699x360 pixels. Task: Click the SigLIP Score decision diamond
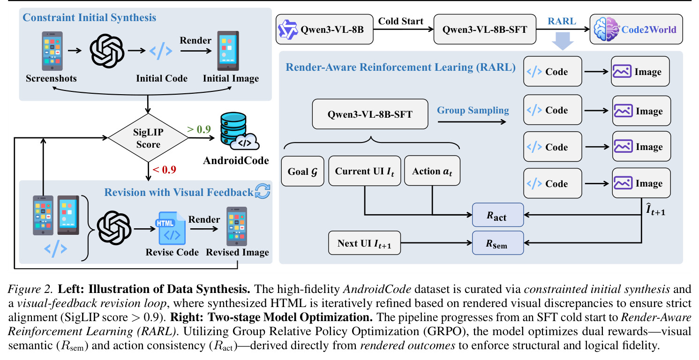coord(148,137)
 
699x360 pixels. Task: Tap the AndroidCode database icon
coord(239,132)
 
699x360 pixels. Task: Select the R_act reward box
coord(498,215)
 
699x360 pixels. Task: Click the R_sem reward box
coord(498,243)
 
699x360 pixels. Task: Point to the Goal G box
coord(302,171)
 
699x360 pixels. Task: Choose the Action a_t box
coord(432,171)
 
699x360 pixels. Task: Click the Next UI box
coord(364,243)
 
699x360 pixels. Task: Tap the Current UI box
coord(364,171)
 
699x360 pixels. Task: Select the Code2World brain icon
coord(606,29)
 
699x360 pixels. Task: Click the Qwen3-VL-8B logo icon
coord(288,30)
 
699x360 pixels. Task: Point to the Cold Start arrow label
coord(401,21)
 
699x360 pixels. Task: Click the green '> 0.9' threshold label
coord(199,129)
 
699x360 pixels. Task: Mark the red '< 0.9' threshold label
coord(165,170)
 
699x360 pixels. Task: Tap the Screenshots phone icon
coord(52,51)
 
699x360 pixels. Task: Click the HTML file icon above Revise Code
coord(171,228)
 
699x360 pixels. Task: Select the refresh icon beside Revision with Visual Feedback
coord(263,191)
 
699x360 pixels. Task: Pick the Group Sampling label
coord(473,111)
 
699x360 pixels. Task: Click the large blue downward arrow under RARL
coord(562,41)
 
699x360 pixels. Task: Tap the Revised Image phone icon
coord(237,226)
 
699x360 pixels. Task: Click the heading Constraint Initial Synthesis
coord(89,17)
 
